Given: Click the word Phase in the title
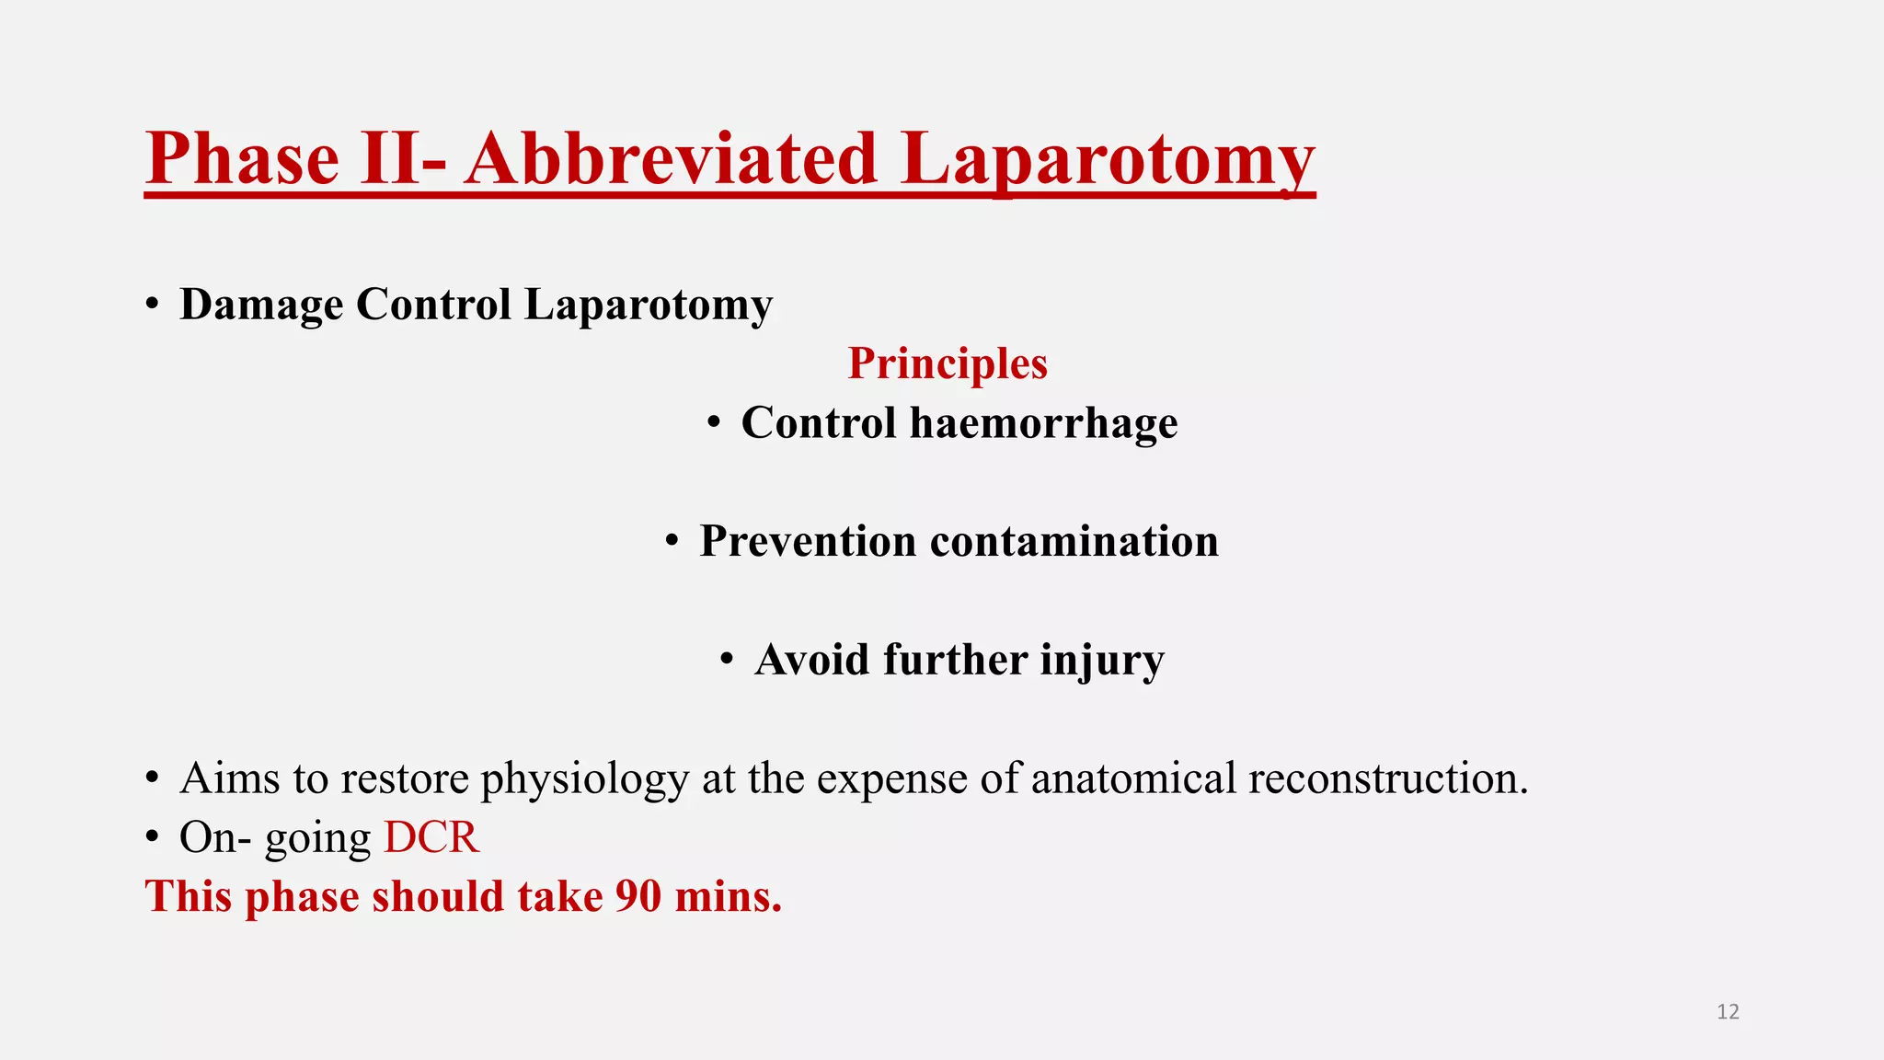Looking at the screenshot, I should pos(242,158).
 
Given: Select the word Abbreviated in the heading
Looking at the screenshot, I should pos(670,158).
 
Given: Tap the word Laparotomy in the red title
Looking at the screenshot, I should pos(1108,158).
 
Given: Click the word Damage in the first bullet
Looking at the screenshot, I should pos(261,305).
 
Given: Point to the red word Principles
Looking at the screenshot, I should pos(948,363).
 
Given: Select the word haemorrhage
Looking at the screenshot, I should pos(1043,423).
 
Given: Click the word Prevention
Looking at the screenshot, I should pos(808,541).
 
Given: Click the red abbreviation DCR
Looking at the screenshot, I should pos(431,837).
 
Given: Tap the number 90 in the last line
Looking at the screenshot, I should pos(638,896).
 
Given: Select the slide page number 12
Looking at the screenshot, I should pos(1728,1012).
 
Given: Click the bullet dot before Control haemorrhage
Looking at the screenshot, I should pos(714,424).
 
